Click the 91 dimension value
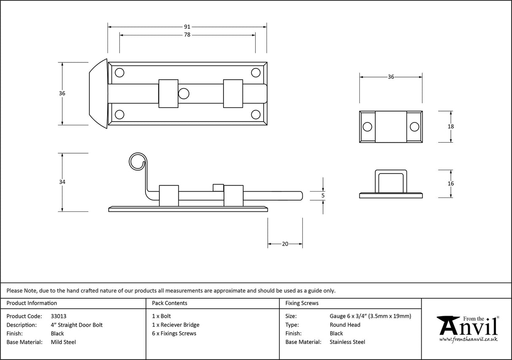187,27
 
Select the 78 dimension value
187,35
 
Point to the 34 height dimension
62,182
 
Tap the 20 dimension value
285,244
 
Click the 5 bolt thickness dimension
323,195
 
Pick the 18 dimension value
451,127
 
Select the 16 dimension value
451,184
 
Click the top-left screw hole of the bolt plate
120,73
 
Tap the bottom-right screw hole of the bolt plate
256,114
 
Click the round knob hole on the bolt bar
183,94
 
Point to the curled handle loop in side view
137,161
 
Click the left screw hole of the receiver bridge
367,127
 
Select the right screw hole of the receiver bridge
415,127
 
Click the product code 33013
58,316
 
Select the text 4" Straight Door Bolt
76,325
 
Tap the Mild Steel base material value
63,342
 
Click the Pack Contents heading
170,303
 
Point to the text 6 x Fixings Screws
174,333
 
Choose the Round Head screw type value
345,325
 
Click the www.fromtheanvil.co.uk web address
468,339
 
